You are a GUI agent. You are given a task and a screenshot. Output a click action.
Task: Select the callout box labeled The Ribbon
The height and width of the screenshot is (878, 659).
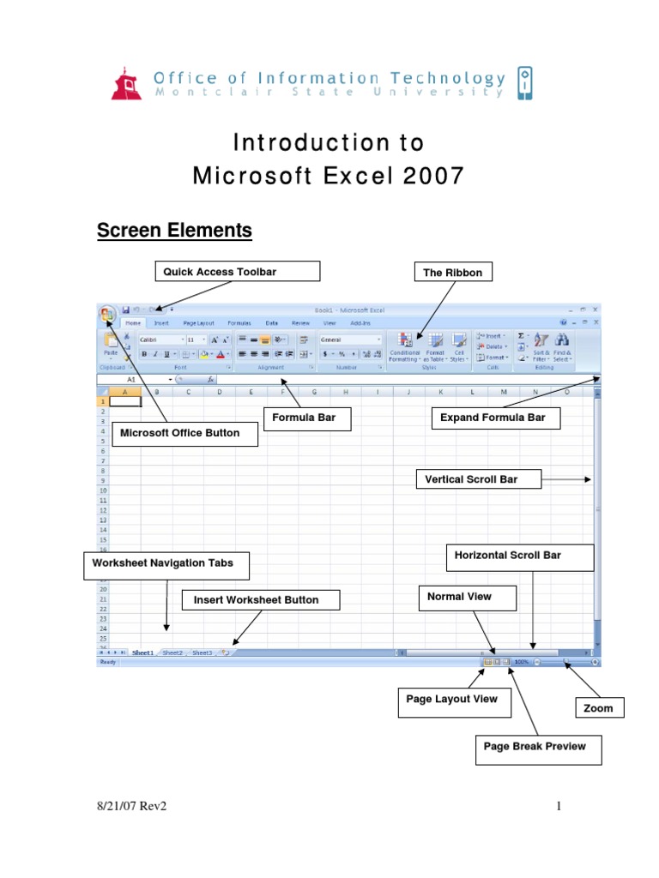(452, 273)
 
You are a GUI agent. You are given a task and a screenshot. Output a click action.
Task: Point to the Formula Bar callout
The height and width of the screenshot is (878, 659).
(299, 419)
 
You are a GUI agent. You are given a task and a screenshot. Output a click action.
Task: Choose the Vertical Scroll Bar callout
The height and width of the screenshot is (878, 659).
(479, 479)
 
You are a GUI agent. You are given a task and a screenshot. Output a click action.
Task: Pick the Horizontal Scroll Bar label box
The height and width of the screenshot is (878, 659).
(520, 556)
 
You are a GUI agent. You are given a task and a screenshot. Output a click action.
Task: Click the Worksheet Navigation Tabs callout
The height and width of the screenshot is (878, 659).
(157, 564)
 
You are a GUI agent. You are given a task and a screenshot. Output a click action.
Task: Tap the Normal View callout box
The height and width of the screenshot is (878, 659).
(467, 598)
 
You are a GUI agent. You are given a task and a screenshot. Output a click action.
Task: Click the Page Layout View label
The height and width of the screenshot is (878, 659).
(452, 700)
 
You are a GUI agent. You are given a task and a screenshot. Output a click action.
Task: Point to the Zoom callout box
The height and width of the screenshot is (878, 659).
(598, 708)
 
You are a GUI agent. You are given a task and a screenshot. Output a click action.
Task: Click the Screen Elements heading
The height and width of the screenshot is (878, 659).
(174, 231)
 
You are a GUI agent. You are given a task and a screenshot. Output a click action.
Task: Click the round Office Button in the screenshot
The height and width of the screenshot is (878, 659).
(108, 315)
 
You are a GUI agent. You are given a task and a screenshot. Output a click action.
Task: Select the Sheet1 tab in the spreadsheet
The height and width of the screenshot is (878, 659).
(142, 652)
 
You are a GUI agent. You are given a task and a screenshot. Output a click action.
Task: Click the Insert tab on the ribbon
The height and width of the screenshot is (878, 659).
(161, 323)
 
